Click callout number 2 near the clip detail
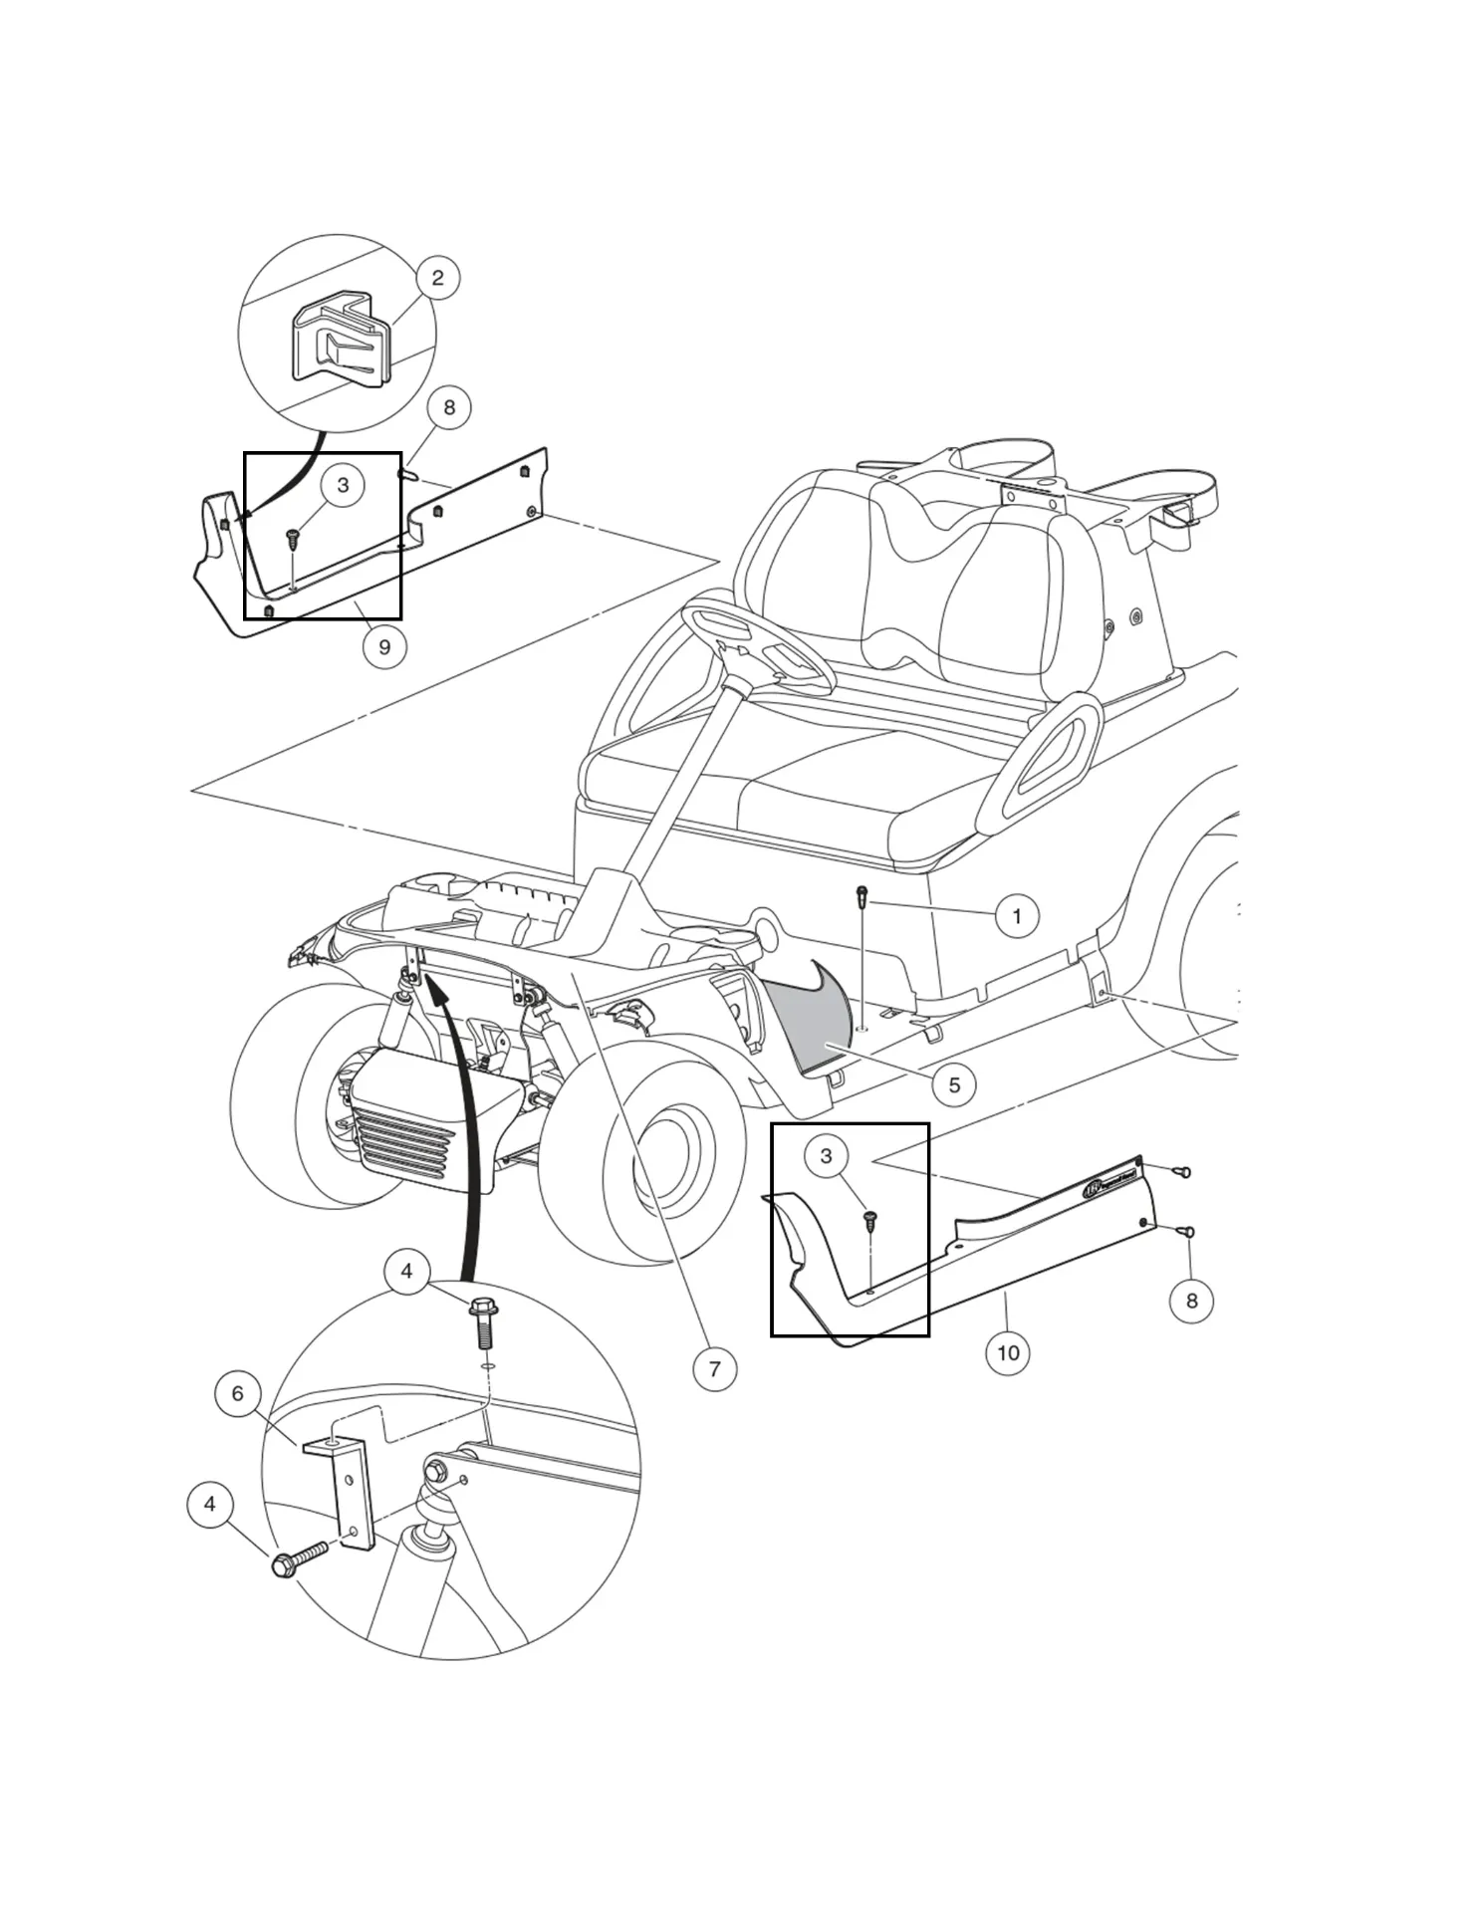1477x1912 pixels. pyautogui.click(x=437, y=278)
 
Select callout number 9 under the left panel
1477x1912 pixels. pyautogui.click(x=384, y=647)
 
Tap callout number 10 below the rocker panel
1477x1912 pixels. pyautogui.click(x=1008, y=1352)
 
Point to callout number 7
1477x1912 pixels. pyautogui.click(x=714, y=1368)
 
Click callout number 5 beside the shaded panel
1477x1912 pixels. pyautogui.click(x=954, y=1084)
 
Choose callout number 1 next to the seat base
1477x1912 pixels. pyautogui.click(x=1017, y=916)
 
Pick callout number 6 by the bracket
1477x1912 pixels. pyautogui.click(x=237, y=1393)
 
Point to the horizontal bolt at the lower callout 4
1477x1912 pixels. pyautogui.click(x=299, y=1559)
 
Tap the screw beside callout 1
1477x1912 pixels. pyautogui.click(x=862, y=896)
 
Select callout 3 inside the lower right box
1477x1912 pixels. pyautogui.click(x=826, y=1156)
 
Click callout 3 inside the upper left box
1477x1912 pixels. pyautogui.click(x=343, y=485)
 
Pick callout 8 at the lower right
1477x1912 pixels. pyautogui.click(x=1191, y=1301)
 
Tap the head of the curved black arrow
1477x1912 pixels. pyautogui.click(x=435, y=986)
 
